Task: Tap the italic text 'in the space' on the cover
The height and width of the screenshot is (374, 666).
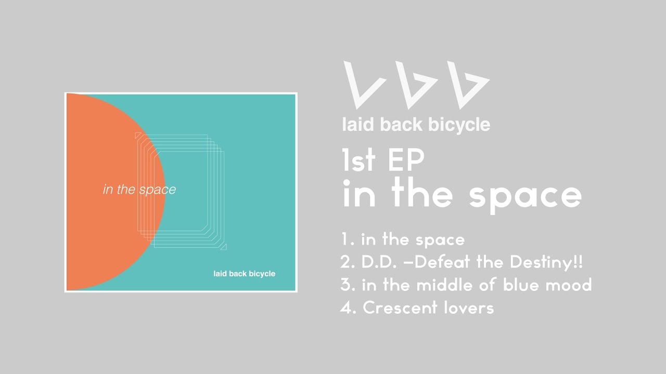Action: [139, 190]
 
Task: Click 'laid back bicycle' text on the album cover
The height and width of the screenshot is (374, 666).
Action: [244, 274]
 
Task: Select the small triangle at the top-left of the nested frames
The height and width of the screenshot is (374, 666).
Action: [137, 136]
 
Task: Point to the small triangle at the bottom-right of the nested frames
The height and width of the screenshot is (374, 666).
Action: [224, 247]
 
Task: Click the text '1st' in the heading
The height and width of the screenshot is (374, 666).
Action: [358, 161]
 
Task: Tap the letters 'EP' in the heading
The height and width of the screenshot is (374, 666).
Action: [406, 161]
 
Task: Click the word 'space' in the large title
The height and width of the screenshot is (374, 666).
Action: [526, 195]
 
